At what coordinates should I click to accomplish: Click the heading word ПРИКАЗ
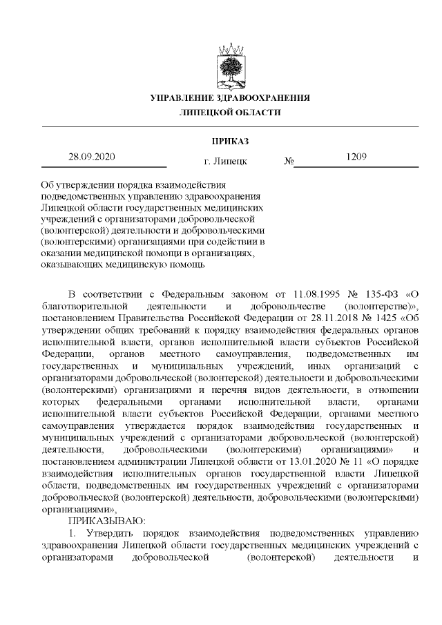click(230, 142)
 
